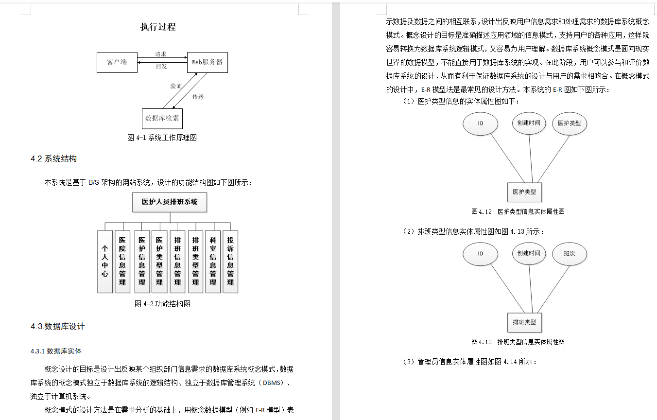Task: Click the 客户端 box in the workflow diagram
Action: tap(117, 62)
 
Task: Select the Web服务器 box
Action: tap(207, 62)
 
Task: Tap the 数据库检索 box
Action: tap(162, 118)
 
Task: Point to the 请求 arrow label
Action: tap(161, 54)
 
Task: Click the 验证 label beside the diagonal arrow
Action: tap(176, 86)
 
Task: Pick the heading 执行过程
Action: tap(158, 27)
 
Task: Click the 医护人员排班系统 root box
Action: tap(170, 202)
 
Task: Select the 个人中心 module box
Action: tap(105, 262)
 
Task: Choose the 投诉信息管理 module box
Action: tap(230, 262)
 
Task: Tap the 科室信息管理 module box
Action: tap(213, 262)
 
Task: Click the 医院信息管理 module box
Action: tap(122, 262)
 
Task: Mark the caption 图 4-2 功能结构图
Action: tap(162, 304)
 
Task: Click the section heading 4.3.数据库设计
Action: tap(57, 326)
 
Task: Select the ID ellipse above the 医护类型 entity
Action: tap(480, 123)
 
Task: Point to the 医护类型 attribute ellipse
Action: tap(570, 123)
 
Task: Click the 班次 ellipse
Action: tap(570, 254)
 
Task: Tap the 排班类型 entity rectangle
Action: tap(524, 322)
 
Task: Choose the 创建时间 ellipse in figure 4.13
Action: tap(529, 254)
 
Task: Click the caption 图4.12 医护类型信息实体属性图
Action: tap(518, 211)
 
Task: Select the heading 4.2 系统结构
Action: tap(53, 159)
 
